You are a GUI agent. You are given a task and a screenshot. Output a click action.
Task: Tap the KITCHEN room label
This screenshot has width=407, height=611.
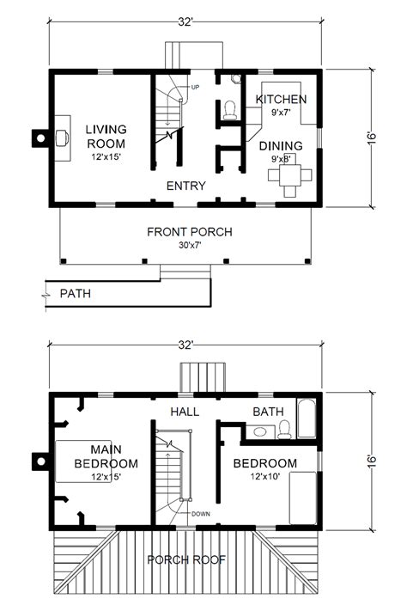[280, 100]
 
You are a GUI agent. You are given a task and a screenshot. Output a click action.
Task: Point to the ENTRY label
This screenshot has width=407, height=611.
[185, 185]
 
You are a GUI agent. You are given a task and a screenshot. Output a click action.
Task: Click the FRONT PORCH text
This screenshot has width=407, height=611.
[190, 231]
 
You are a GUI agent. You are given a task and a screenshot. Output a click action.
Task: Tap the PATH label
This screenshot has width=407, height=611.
[76, 293]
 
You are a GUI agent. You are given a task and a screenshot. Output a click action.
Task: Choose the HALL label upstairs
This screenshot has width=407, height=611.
[185, 412]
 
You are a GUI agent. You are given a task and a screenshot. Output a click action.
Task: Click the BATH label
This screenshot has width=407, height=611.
[268, 412]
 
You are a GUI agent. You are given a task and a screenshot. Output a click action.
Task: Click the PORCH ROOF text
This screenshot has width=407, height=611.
[185, 559]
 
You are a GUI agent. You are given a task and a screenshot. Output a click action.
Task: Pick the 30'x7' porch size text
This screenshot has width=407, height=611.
[190, 246]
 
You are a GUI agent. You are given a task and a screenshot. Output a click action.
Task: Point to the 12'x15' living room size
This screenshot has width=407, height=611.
[106, 158]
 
